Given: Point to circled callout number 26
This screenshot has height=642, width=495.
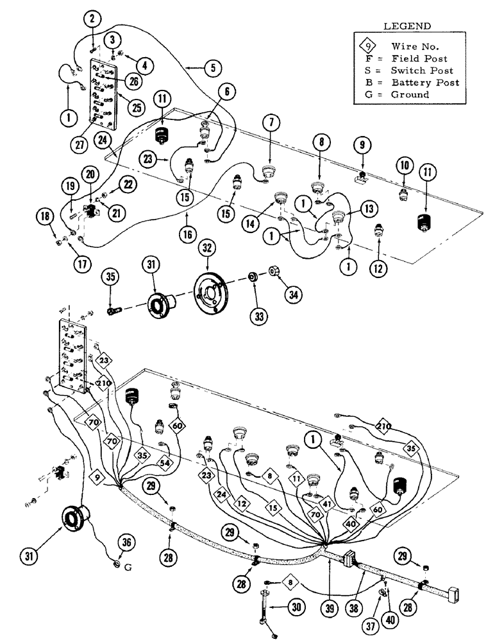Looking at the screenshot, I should [133, 82].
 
